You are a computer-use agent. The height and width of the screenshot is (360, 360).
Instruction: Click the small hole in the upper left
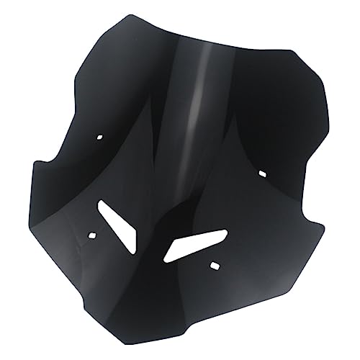[100, 135]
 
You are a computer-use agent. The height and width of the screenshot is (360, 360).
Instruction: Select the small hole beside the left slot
[92, 234]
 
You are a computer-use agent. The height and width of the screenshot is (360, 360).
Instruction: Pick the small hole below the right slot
[213, 266]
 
